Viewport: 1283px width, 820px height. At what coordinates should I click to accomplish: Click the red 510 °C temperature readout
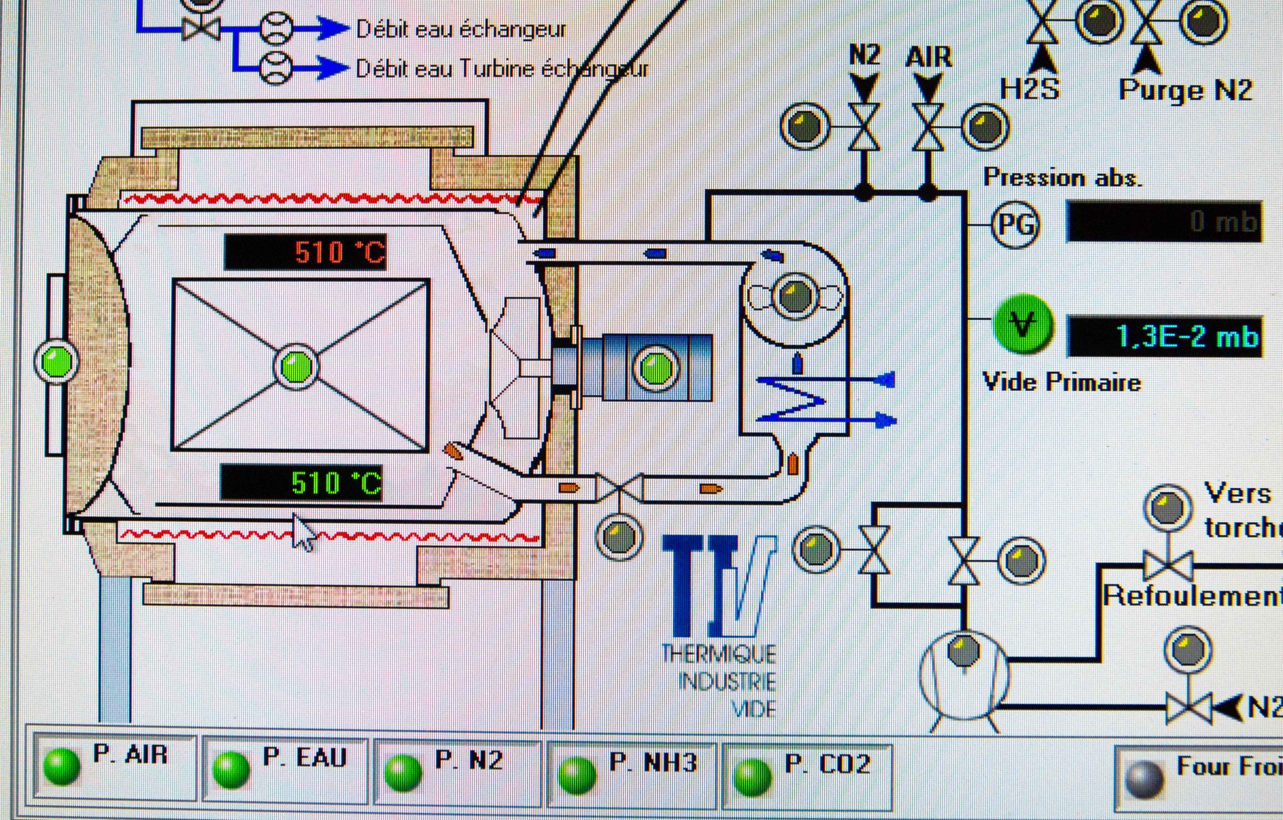tap(306, 252)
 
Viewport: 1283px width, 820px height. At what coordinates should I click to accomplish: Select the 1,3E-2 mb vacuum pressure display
tap(1164, 336)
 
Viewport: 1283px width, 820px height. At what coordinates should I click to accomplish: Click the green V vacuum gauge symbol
tap(1022, 324)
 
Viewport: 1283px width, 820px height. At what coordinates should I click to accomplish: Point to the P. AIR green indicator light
tap(62, 766)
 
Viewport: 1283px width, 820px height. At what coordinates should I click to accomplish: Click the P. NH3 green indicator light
tap(576, 775)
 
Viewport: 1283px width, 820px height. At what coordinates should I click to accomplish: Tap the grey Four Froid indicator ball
tap(1142, 779)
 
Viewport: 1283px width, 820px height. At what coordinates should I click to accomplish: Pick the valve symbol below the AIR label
tap(928, 127)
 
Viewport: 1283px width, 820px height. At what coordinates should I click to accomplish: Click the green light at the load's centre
tap(296, 366)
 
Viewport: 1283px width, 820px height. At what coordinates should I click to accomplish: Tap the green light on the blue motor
tap(656, 367)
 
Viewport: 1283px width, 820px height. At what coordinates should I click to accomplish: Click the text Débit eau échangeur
tap(461, 29)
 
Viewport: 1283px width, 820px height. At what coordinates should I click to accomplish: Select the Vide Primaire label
tap(1061, 382)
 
